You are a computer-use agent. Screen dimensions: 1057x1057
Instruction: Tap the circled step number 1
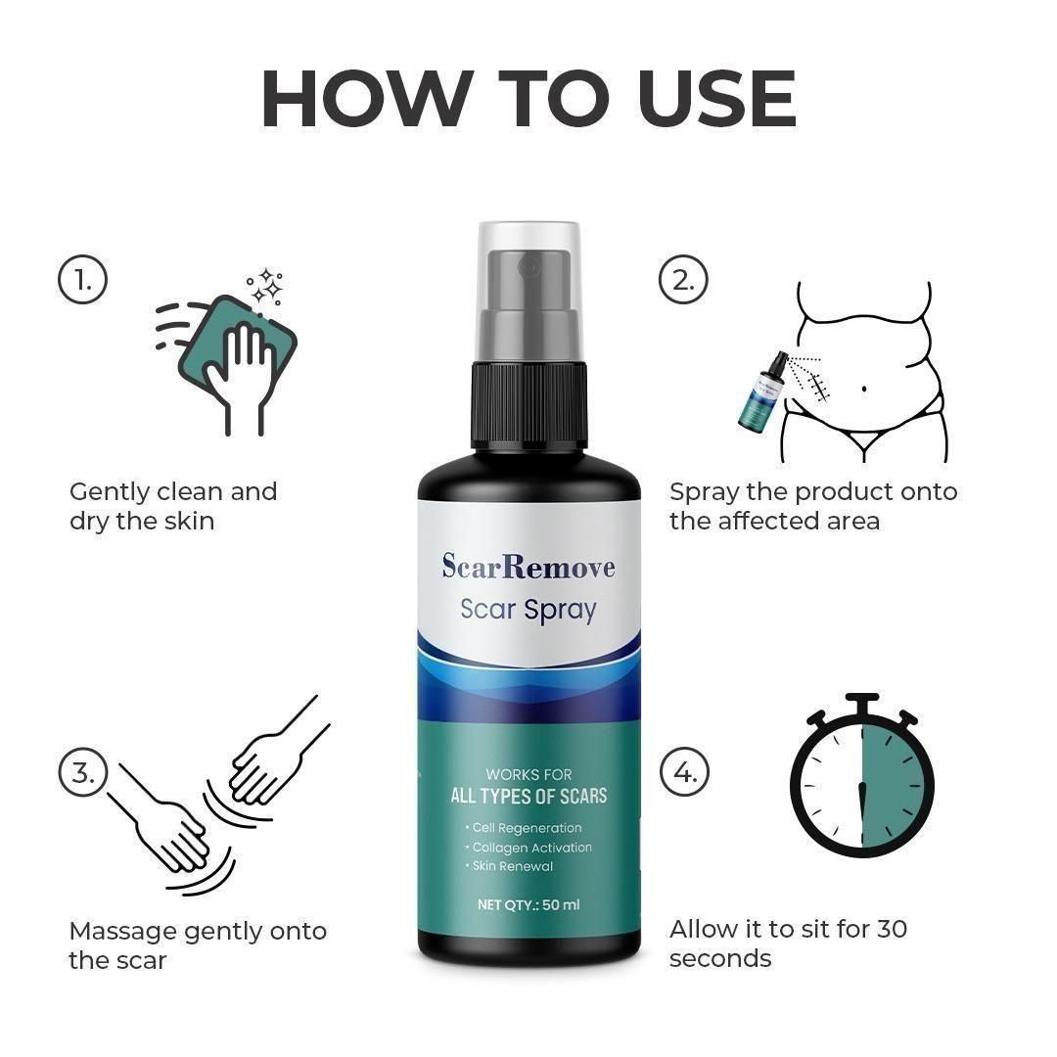click(82, 281)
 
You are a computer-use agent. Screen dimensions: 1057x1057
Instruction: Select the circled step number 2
click(683, 281)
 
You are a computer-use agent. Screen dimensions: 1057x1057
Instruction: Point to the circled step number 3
click(82, 772)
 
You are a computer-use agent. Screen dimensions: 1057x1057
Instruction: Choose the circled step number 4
click(683, 772)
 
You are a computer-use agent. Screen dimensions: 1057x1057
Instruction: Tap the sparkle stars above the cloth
click(265, 287)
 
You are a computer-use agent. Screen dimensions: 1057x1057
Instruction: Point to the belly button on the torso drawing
click(864, 390)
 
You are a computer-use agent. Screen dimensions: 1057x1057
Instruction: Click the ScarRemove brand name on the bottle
click(528, 567)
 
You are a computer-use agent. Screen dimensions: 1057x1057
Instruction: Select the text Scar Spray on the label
click(528, 610)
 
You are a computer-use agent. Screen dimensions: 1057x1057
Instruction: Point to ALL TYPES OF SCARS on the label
click(528, 796)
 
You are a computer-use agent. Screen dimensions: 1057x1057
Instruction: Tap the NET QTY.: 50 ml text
click(528, 904)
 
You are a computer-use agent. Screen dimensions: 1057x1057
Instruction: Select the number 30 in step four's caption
click(892, 928)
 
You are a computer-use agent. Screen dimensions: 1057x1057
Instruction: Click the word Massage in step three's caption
click(122, 931)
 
